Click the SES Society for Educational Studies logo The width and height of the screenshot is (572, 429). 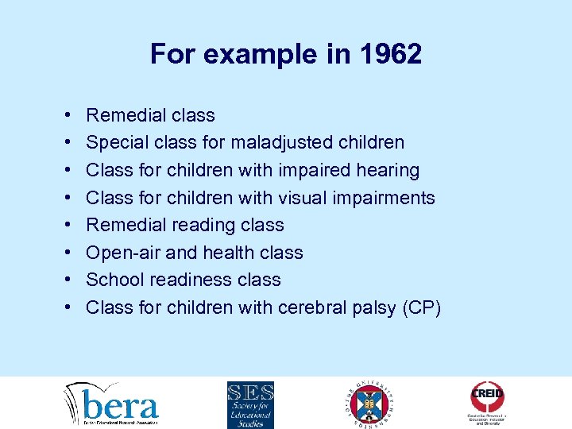point(250,404)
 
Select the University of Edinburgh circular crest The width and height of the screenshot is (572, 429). point(371,404)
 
